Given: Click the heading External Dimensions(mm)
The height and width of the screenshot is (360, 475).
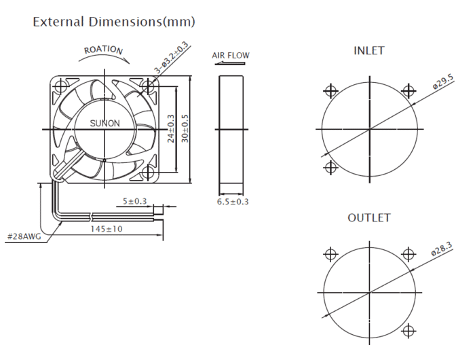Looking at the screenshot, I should coord(114,22).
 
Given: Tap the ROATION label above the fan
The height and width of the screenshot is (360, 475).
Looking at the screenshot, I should coord(103,50).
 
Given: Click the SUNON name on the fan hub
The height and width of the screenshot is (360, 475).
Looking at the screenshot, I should coord(105,124).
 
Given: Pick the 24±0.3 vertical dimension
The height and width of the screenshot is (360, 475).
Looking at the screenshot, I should coord(171,128).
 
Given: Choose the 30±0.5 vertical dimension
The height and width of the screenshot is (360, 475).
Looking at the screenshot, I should coord(185,128).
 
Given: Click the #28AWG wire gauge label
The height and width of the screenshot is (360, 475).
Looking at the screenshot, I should coord(23,236).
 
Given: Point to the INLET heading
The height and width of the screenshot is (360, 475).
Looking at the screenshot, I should coord(369,51).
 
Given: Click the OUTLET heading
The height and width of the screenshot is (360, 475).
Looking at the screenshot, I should coord(369,218).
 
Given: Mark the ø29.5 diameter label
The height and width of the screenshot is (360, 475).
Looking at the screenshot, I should coord(443,83).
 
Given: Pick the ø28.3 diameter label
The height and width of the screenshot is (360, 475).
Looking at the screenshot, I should coord(442,250).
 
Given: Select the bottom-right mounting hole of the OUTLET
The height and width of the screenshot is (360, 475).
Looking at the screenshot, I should coord(408,331).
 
